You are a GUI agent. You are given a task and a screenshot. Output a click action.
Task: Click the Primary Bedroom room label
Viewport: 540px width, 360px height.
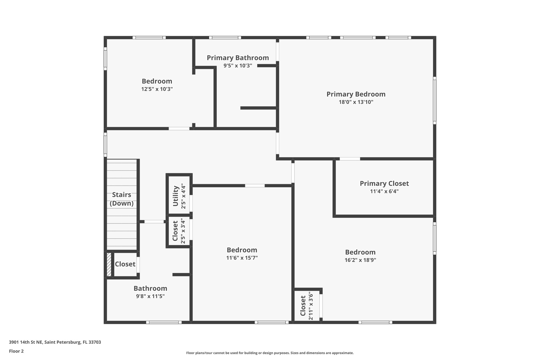(356, 94)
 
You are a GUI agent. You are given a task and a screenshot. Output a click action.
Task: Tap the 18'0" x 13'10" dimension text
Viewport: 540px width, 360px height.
(356, 102)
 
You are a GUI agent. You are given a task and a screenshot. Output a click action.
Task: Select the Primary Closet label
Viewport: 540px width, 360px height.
(384, 184)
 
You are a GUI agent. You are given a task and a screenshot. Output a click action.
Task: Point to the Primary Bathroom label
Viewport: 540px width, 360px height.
(238, 58)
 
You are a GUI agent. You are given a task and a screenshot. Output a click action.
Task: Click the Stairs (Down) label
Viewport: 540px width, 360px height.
(122, 199)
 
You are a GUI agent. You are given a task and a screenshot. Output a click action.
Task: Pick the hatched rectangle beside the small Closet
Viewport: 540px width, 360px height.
(109, 265)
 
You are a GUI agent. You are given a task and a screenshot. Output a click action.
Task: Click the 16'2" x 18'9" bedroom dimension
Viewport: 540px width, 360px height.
(360, 260)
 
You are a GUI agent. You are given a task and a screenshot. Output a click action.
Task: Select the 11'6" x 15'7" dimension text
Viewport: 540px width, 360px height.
(242, 258)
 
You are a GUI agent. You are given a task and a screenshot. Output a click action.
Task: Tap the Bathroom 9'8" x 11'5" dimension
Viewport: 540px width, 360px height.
(150, 296)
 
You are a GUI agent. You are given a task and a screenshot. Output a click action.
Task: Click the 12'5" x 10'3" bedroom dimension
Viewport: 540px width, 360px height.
(157, 89)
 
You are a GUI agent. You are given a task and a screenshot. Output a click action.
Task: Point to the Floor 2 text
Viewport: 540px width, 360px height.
(16, 351)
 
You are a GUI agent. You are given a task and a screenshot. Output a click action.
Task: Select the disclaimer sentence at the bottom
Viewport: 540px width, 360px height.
(270, 353)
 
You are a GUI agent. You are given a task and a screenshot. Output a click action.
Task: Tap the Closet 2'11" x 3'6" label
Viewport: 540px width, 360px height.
(303, 306)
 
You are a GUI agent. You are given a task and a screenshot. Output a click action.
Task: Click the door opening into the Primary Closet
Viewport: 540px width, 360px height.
(350, 159)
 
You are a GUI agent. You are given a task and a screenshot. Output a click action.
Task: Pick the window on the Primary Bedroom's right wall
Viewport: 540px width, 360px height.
(434, 100)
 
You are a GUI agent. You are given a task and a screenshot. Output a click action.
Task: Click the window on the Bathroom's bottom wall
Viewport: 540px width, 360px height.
(164, 322)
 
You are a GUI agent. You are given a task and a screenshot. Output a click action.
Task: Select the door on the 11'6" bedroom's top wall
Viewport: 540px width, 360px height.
(255, 186)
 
